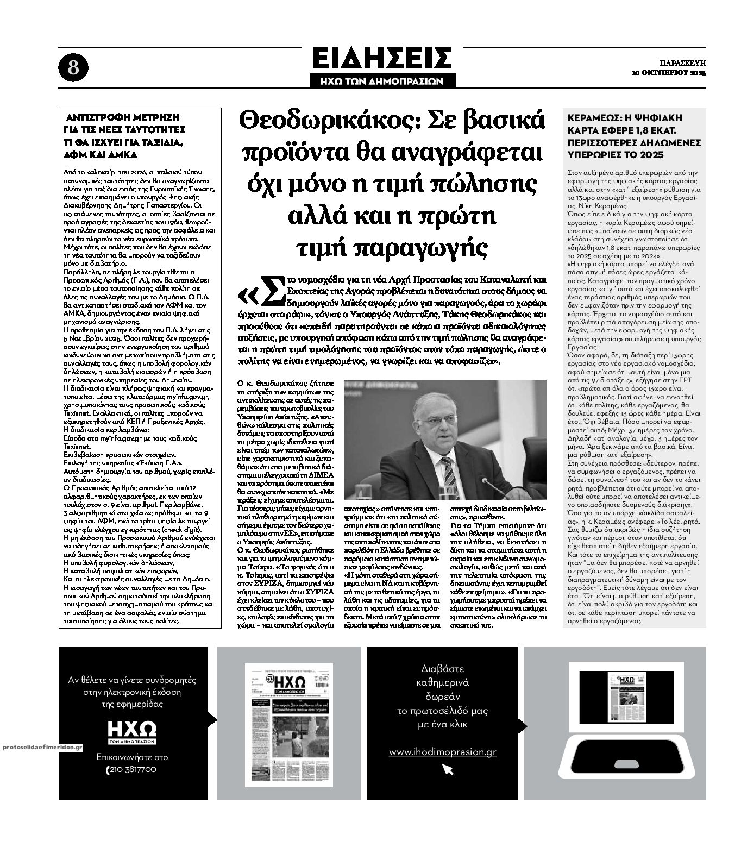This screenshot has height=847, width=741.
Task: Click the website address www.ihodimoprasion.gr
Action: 443,752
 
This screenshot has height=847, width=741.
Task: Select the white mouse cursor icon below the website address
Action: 448,769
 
